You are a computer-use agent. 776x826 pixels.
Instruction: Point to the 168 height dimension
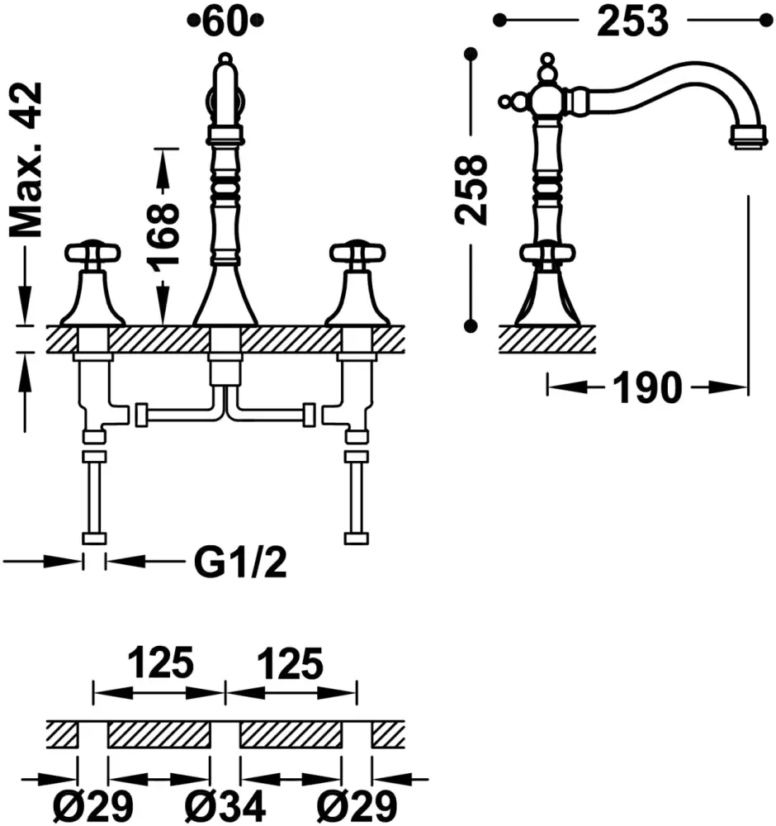[x=163, y=235]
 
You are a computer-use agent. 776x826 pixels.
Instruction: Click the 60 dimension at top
[x=225, y=21]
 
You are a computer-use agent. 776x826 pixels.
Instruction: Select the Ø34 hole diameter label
[x=225, y=803]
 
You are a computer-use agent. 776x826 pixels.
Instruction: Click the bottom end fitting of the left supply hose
[x=94, y=539]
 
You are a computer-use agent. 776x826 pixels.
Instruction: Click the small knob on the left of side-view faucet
[x=506, y=102]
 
